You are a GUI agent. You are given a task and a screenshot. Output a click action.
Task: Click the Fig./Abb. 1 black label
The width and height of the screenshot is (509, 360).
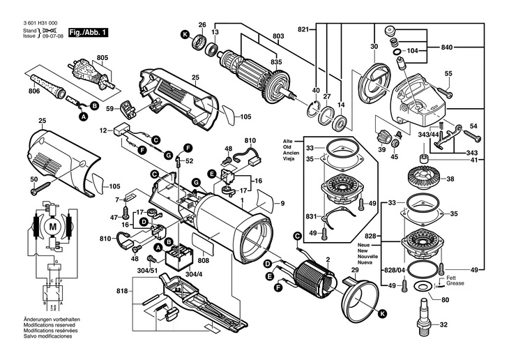[87, 33]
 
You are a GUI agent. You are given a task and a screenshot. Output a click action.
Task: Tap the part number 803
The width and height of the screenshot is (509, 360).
[278, 36]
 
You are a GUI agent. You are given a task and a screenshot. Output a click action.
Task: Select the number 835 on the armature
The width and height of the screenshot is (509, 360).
[277, 63]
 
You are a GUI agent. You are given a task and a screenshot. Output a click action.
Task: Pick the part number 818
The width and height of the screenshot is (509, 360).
[122, 290]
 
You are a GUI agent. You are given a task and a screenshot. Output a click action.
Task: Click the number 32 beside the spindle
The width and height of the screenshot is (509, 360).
[443, 324]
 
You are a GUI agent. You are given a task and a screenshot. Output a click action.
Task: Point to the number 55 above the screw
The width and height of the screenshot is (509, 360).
[448, 74]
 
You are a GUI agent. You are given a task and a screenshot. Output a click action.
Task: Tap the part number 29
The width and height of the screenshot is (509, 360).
[355, 270]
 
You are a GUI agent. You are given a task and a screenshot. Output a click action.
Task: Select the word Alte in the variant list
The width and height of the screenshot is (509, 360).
[288, 140]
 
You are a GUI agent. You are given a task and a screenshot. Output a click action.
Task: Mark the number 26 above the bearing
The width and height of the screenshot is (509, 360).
[202, 26]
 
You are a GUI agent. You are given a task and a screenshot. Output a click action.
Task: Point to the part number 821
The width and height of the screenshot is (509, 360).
[303, 29]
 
